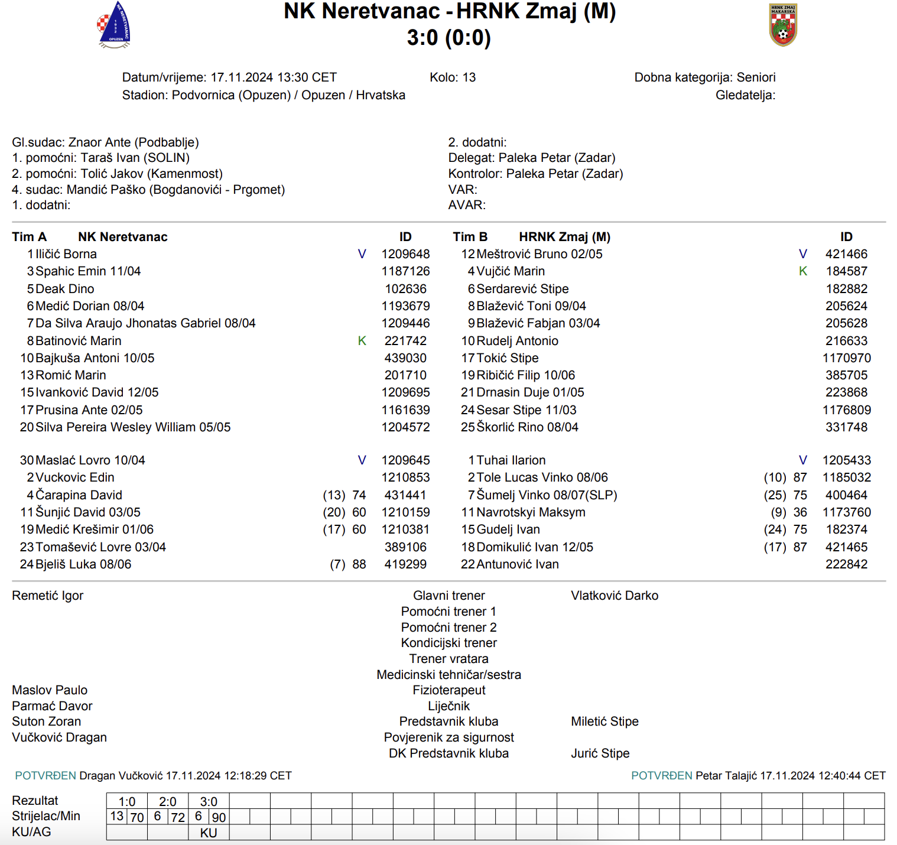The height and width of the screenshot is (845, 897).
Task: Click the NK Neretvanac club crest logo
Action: point(114,25)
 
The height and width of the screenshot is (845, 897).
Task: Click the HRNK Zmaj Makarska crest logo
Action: point(783,25)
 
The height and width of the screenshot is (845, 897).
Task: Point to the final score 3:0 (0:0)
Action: point(448,38)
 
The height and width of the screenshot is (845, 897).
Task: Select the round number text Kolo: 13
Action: point(453,77)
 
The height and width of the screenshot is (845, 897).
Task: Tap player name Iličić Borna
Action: point(66,254)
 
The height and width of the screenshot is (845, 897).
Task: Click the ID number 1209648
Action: point(405,254)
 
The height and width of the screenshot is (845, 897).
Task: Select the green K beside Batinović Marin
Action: point(362,341)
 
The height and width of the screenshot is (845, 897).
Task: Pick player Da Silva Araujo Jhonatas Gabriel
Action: point(145,323)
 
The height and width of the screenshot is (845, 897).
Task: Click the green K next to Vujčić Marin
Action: point(803,271)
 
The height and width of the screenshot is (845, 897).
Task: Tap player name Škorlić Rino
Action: point(527,427)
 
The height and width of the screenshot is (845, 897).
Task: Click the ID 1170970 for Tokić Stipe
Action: point(846,358)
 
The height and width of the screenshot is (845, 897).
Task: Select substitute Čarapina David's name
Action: point(79,495)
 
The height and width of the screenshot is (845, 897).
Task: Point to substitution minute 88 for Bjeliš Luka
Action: point(359,564)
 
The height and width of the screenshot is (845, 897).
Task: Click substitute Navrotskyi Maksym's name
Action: point(531,512)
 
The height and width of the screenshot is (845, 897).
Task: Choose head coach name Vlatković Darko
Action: point(615,596)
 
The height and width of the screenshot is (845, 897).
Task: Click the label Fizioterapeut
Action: point(448,690)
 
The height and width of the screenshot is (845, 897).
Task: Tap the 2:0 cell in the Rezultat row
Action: point(168,802)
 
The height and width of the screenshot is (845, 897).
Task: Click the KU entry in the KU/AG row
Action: point(209,833)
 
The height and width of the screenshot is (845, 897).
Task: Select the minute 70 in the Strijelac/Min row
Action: point(137,817)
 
